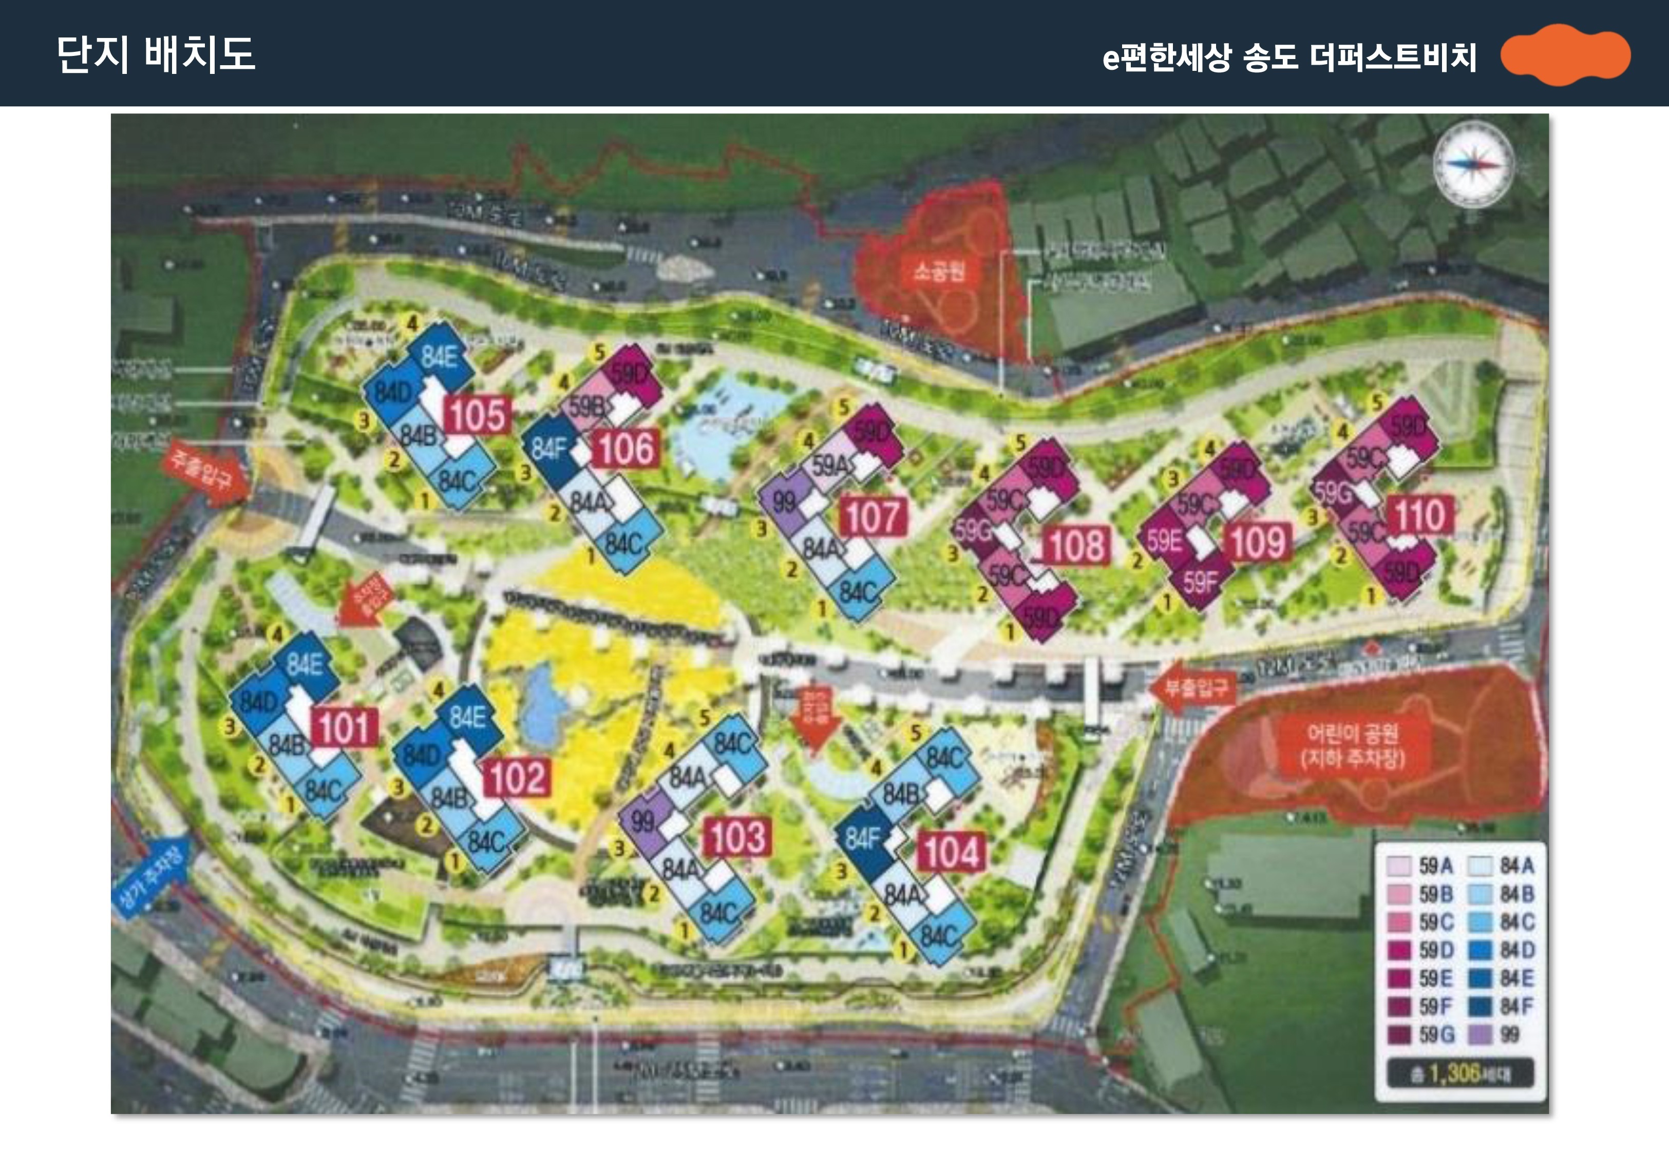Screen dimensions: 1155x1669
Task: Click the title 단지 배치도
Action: [156, 54]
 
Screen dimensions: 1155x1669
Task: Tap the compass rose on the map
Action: [1473, 164]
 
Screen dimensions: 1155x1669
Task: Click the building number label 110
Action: [1419, 515]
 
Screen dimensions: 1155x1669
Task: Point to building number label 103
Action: [737, 837]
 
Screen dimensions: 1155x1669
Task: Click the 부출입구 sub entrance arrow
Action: [1193, 686]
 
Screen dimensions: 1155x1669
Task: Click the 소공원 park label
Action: [939, 272]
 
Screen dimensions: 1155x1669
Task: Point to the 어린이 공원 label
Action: [1352, 745]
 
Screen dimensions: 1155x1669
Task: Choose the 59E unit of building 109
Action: [1163, 541]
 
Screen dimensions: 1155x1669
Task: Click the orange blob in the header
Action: [1565, 55]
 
